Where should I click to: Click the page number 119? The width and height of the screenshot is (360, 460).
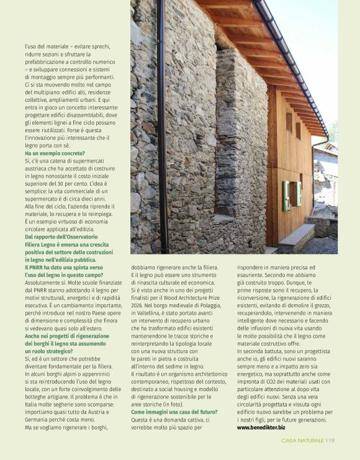(x=330, y=440)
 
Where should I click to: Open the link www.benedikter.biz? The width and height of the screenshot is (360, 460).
(x=261, y=427)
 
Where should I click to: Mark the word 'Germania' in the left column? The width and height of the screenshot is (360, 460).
(x=38, y=419)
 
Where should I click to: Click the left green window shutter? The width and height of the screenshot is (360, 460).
(x=286, y=195)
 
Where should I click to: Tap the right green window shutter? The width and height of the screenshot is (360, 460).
(x=299, y=193)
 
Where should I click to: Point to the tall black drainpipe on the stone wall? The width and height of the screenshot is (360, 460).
(x=163, y=124)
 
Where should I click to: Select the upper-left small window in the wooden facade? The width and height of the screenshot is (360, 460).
(x=289, y=122)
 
